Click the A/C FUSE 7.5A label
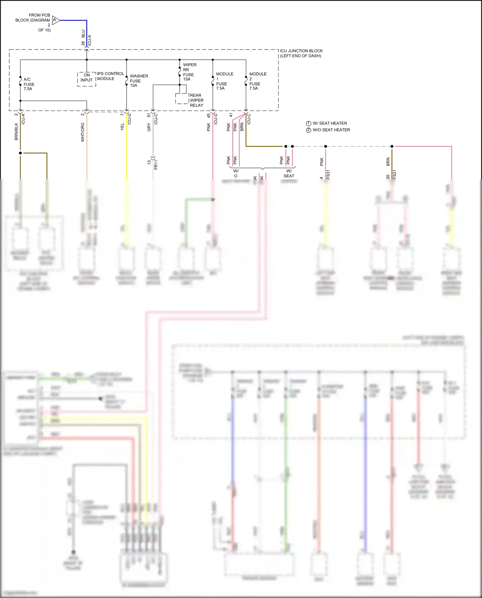click(x=29, y=84)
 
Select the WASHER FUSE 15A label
click(x=138, y=81)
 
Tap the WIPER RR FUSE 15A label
click(x=190, y=72)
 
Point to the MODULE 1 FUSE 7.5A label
click(x=224, y=81)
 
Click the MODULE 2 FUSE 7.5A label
click(x=258, y=81)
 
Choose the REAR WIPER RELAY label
click(x=196, y=100)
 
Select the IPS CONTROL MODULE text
click(x=110, y=76)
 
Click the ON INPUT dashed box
click(x=86, y=79)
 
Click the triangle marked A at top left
click(x=55, y=20)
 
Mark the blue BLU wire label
click(x=83, y=33)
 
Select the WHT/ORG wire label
click(x=83, y=132)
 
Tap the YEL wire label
click(x=122, y=127)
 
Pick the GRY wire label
click(x=149, y=127)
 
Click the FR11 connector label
click(x=156, y=164)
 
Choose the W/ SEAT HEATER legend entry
click(x=326, y=123)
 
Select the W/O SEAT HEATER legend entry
click(x=328, y=130)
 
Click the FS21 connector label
click(x=394, y=174)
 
